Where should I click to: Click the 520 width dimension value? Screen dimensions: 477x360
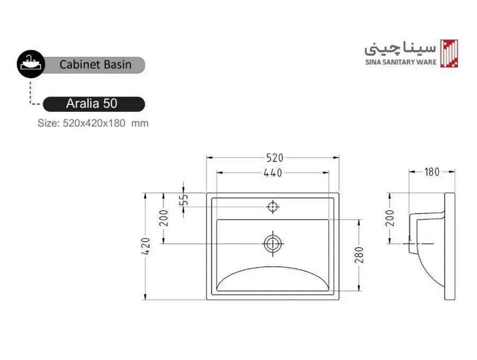pyautogui.click(x=275, y=157)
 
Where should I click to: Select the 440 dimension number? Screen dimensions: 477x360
pyautogui.click(x=273, y=173)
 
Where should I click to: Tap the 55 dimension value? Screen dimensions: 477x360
pyautogui.click(x=184, y=200)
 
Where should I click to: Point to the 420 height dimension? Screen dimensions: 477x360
pyautogui.click(x=146, y=246)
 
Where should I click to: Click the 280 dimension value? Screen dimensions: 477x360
pyautogui.click(x=359, y=255)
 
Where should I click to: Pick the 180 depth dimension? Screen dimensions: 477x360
pyautogui.click(x=432, y=172)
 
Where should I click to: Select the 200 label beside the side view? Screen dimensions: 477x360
pyautogui.click(x=390, y=218)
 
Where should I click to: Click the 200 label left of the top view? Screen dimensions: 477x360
pyautogui.click(x=164, y=218)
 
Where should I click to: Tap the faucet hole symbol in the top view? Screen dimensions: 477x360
pyautogui.click(x=273, y=207)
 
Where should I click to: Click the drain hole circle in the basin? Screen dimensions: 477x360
pyautogui.click(x=272, y=244)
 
